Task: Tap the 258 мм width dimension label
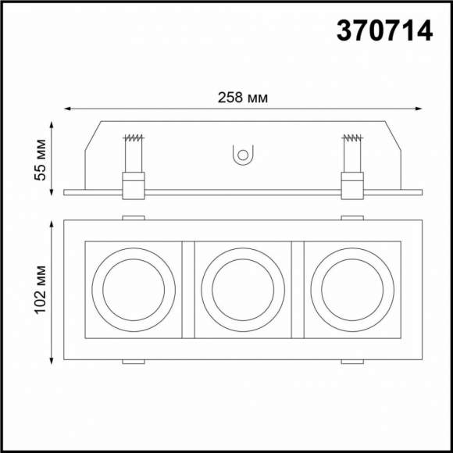coord(243,98)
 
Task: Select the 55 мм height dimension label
coord(41,160)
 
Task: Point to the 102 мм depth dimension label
coord(41,290)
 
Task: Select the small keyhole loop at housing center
coord(243,155)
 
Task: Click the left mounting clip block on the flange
coord(133,186)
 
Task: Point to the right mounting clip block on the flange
coord(352,186)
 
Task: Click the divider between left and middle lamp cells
coord(187,288)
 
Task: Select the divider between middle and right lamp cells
coord(297,288)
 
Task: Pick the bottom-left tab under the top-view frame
coord(133,362)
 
